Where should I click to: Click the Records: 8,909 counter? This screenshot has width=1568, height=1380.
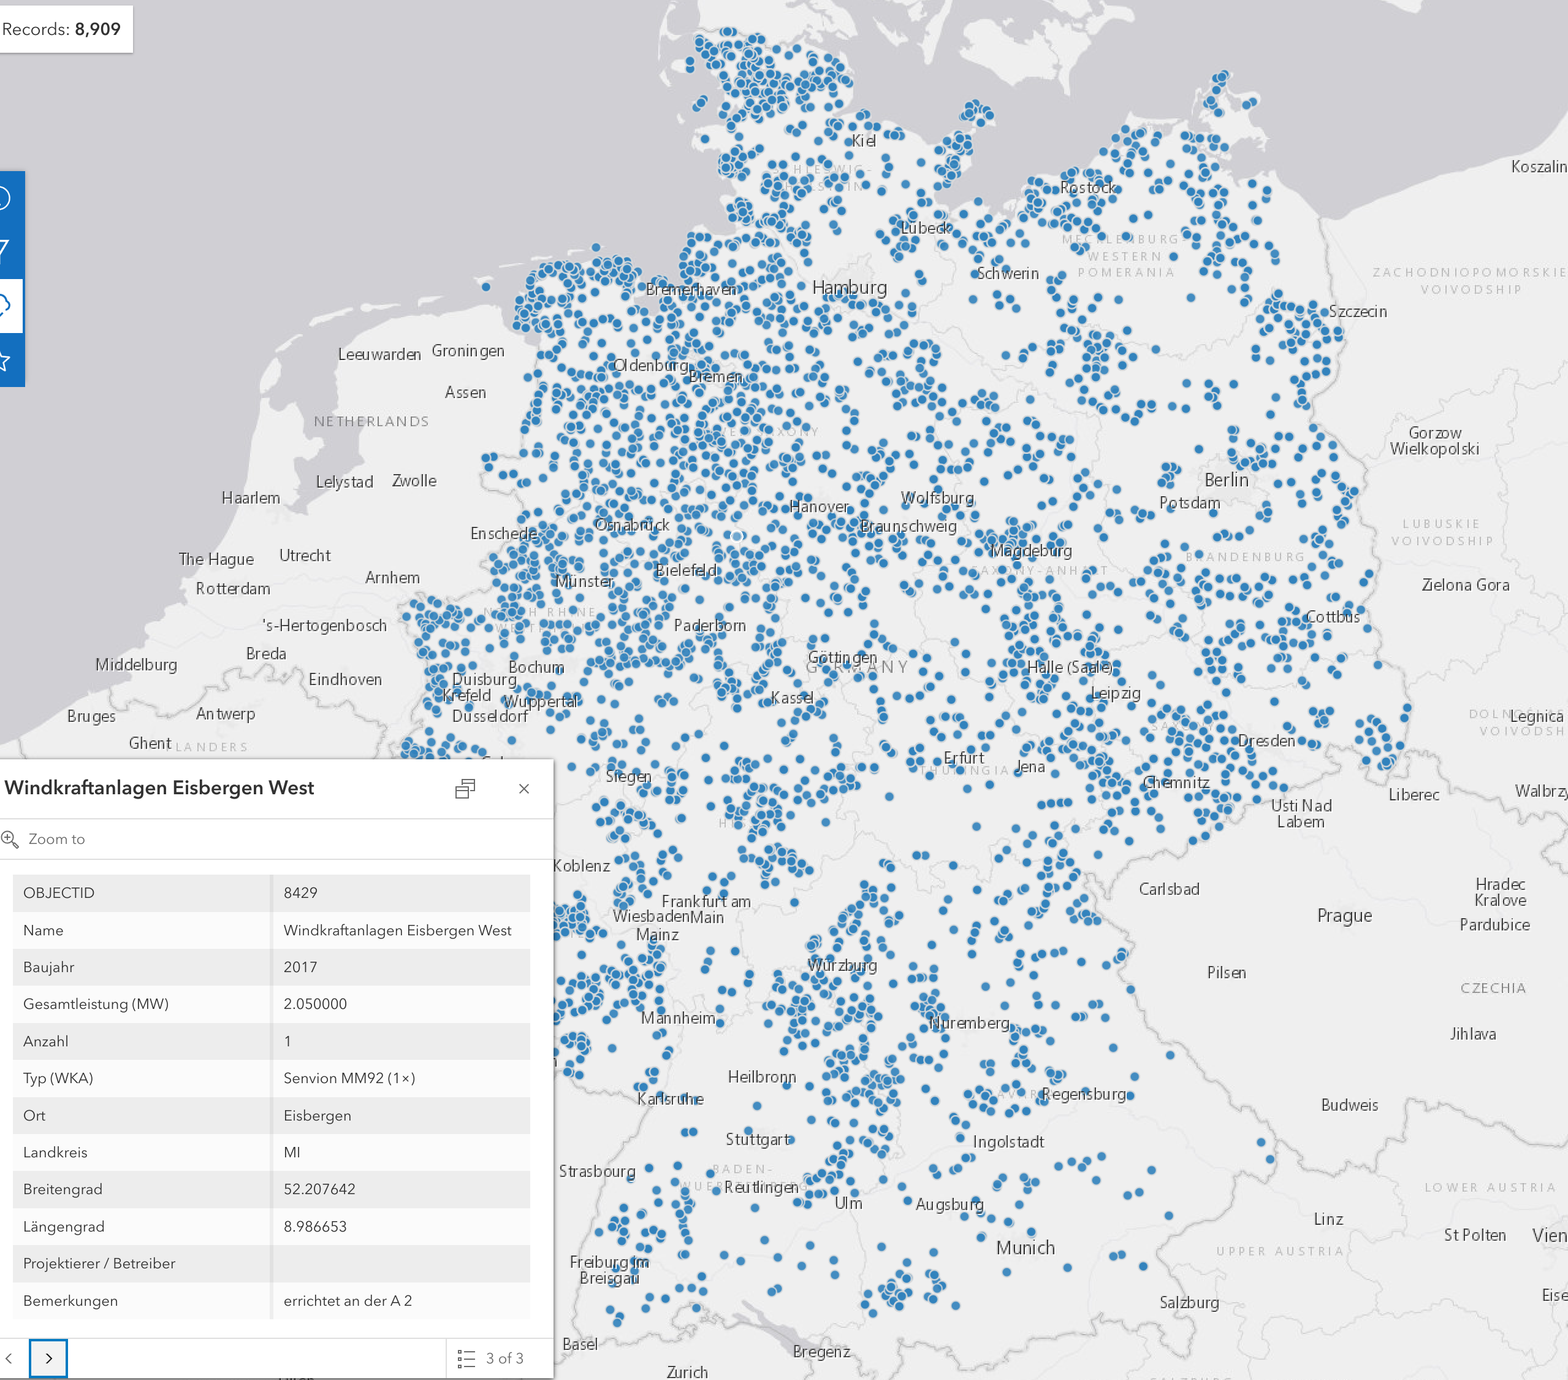pos(61,29)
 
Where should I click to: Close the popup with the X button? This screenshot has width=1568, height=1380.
pos(524,788)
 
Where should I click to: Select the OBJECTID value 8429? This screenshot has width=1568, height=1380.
pos(300,892)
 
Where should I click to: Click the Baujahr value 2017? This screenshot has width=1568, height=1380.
pos(300,967)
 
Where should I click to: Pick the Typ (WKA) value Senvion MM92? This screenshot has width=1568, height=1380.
pos(349,1078)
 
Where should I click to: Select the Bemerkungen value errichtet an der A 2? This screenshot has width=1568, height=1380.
pos(348,1300)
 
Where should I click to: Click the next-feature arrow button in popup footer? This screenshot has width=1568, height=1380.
pos(48,1358)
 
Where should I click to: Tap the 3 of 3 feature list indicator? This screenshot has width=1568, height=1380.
pos(491,1359)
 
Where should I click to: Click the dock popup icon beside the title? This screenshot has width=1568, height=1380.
pos(465,788)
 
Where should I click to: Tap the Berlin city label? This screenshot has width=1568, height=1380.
pos(1226,480)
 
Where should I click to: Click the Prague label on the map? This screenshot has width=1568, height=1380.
pos(1344,915)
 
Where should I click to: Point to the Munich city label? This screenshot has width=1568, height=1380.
pos(1025,1248)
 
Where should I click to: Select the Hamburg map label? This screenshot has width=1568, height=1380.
pos(849,287)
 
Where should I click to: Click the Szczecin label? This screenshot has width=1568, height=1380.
pos(1357,311)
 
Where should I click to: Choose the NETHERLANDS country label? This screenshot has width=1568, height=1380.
pos(371,421)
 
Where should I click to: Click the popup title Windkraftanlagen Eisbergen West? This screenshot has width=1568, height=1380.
pos(159,788)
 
